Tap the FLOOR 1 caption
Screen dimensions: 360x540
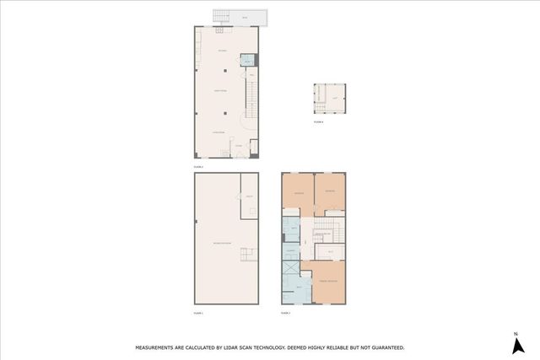pyautogui.click(x=199, y=313)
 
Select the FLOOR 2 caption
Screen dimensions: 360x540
pyautogui.click(x=199, y=167)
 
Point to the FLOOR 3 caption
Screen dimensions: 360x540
pyautogui.click(x=285, y=313)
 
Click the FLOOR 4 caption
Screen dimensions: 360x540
pyautogui.click(x=318, y=122)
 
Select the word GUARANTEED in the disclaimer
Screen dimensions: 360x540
pyautogui.click(x=385, y=347)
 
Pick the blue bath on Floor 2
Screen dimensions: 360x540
pyautogui.click(x=246, y=61)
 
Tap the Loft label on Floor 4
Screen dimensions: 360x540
pyautogui.click(x=335, y=99)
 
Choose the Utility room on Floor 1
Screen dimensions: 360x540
pyautogui.click(x=251, y=196)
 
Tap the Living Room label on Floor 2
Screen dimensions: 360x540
pyautogui.click(x=218, y=132)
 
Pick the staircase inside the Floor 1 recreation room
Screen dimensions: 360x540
pyautogui.click(x=246, y=254)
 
